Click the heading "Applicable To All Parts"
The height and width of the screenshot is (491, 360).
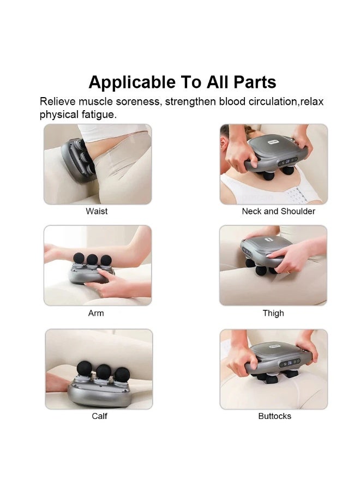click(x=182, y=82)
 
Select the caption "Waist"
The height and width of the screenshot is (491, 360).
click(x=97, y=211)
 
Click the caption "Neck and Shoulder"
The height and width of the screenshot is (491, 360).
click(x=278, y=211)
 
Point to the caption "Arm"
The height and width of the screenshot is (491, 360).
click(x=96, y=313)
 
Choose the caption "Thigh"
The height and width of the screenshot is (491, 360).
click(x=273, y=313)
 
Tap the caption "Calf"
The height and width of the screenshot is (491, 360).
click(x=99, y=416)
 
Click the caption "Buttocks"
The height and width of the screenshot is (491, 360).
click(x=274, y=416)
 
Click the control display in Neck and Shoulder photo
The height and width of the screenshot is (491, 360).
click(x=287, y=162)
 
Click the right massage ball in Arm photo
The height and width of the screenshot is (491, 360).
click(x=106, y=260)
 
